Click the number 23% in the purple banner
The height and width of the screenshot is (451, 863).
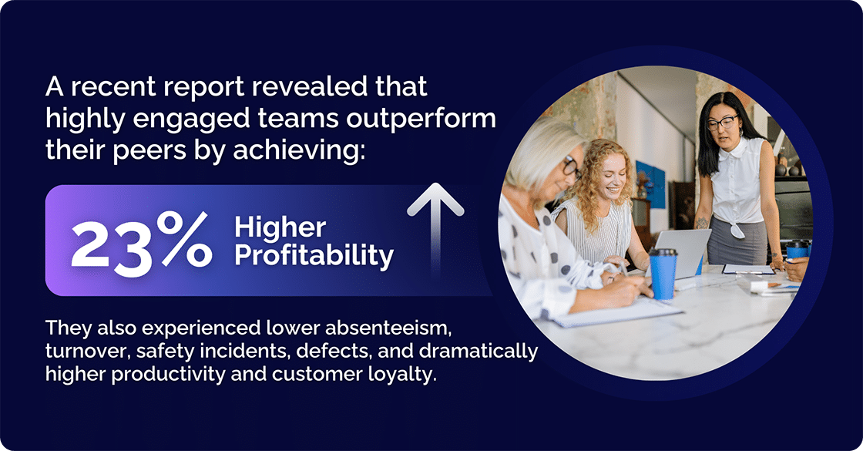click(140, 241)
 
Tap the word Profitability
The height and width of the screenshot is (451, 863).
click(314, 256)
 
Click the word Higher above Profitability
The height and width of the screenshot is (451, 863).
click(280, 228)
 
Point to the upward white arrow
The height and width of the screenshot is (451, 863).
click(435, 224)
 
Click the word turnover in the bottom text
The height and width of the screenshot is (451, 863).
click(82, 352)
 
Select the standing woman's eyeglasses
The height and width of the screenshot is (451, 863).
click(721, 122)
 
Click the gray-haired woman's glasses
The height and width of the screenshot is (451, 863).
click(569, 165)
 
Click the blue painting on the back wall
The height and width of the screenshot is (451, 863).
click(649, 184)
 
